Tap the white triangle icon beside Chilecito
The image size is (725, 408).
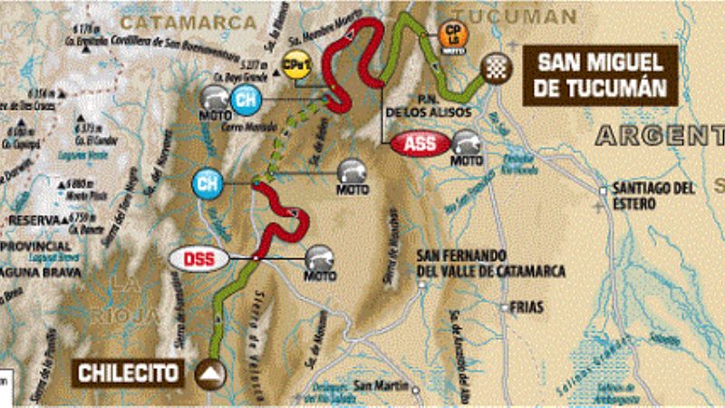point(212,372)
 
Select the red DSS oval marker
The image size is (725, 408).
point(193,258)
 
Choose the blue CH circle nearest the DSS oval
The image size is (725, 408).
point(208,183)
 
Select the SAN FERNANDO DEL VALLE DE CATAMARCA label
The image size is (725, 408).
point(490,263)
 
